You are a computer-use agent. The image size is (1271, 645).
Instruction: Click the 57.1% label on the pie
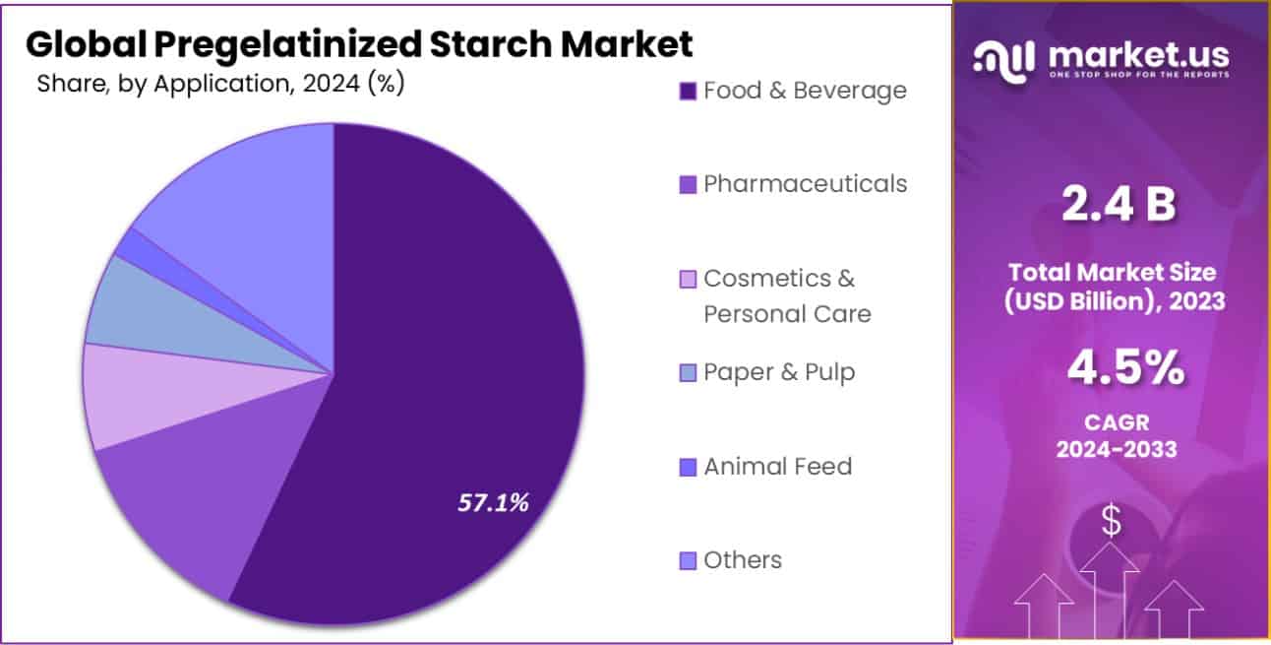493,502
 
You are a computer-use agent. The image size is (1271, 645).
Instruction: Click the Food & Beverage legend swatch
688,92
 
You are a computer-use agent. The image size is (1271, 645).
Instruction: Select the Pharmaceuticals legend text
805,184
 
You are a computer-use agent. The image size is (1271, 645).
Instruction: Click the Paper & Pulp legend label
779,372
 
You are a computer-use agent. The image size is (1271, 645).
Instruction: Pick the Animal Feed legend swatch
688,467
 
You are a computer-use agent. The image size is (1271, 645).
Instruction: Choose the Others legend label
743,560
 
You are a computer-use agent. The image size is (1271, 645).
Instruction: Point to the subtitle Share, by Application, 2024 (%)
220,84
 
